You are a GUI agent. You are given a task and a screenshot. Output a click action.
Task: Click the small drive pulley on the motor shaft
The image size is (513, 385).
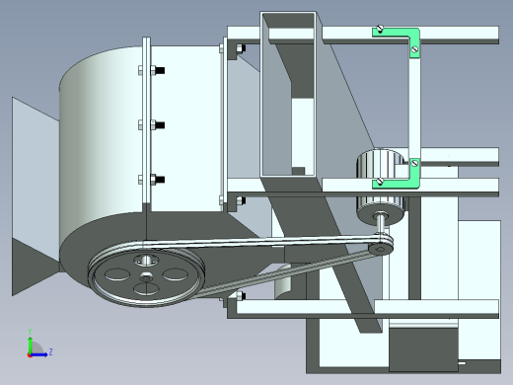tap(380, 248)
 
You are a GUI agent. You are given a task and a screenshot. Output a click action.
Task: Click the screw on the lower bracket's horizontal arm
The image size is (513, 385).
tap(380, 181)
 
